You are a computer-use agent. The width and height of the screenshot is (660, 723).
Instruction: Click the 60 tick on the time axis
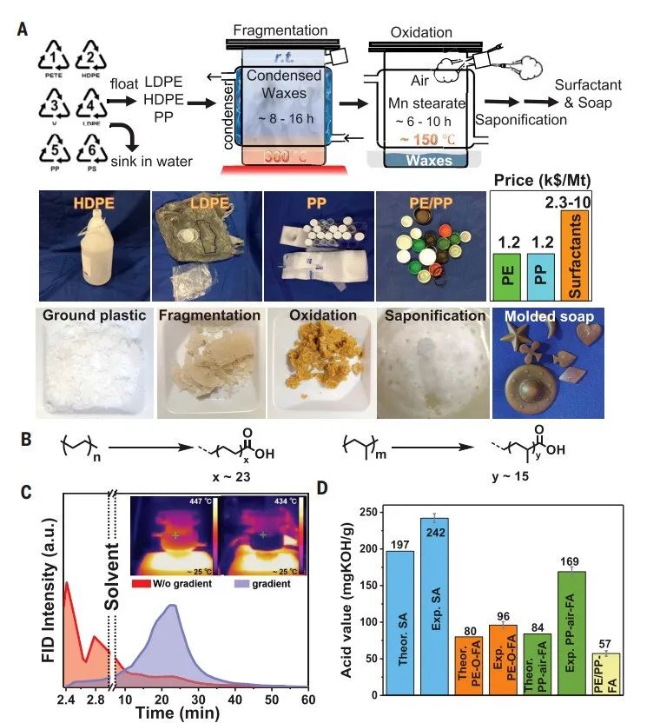[x=308, y=700]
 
